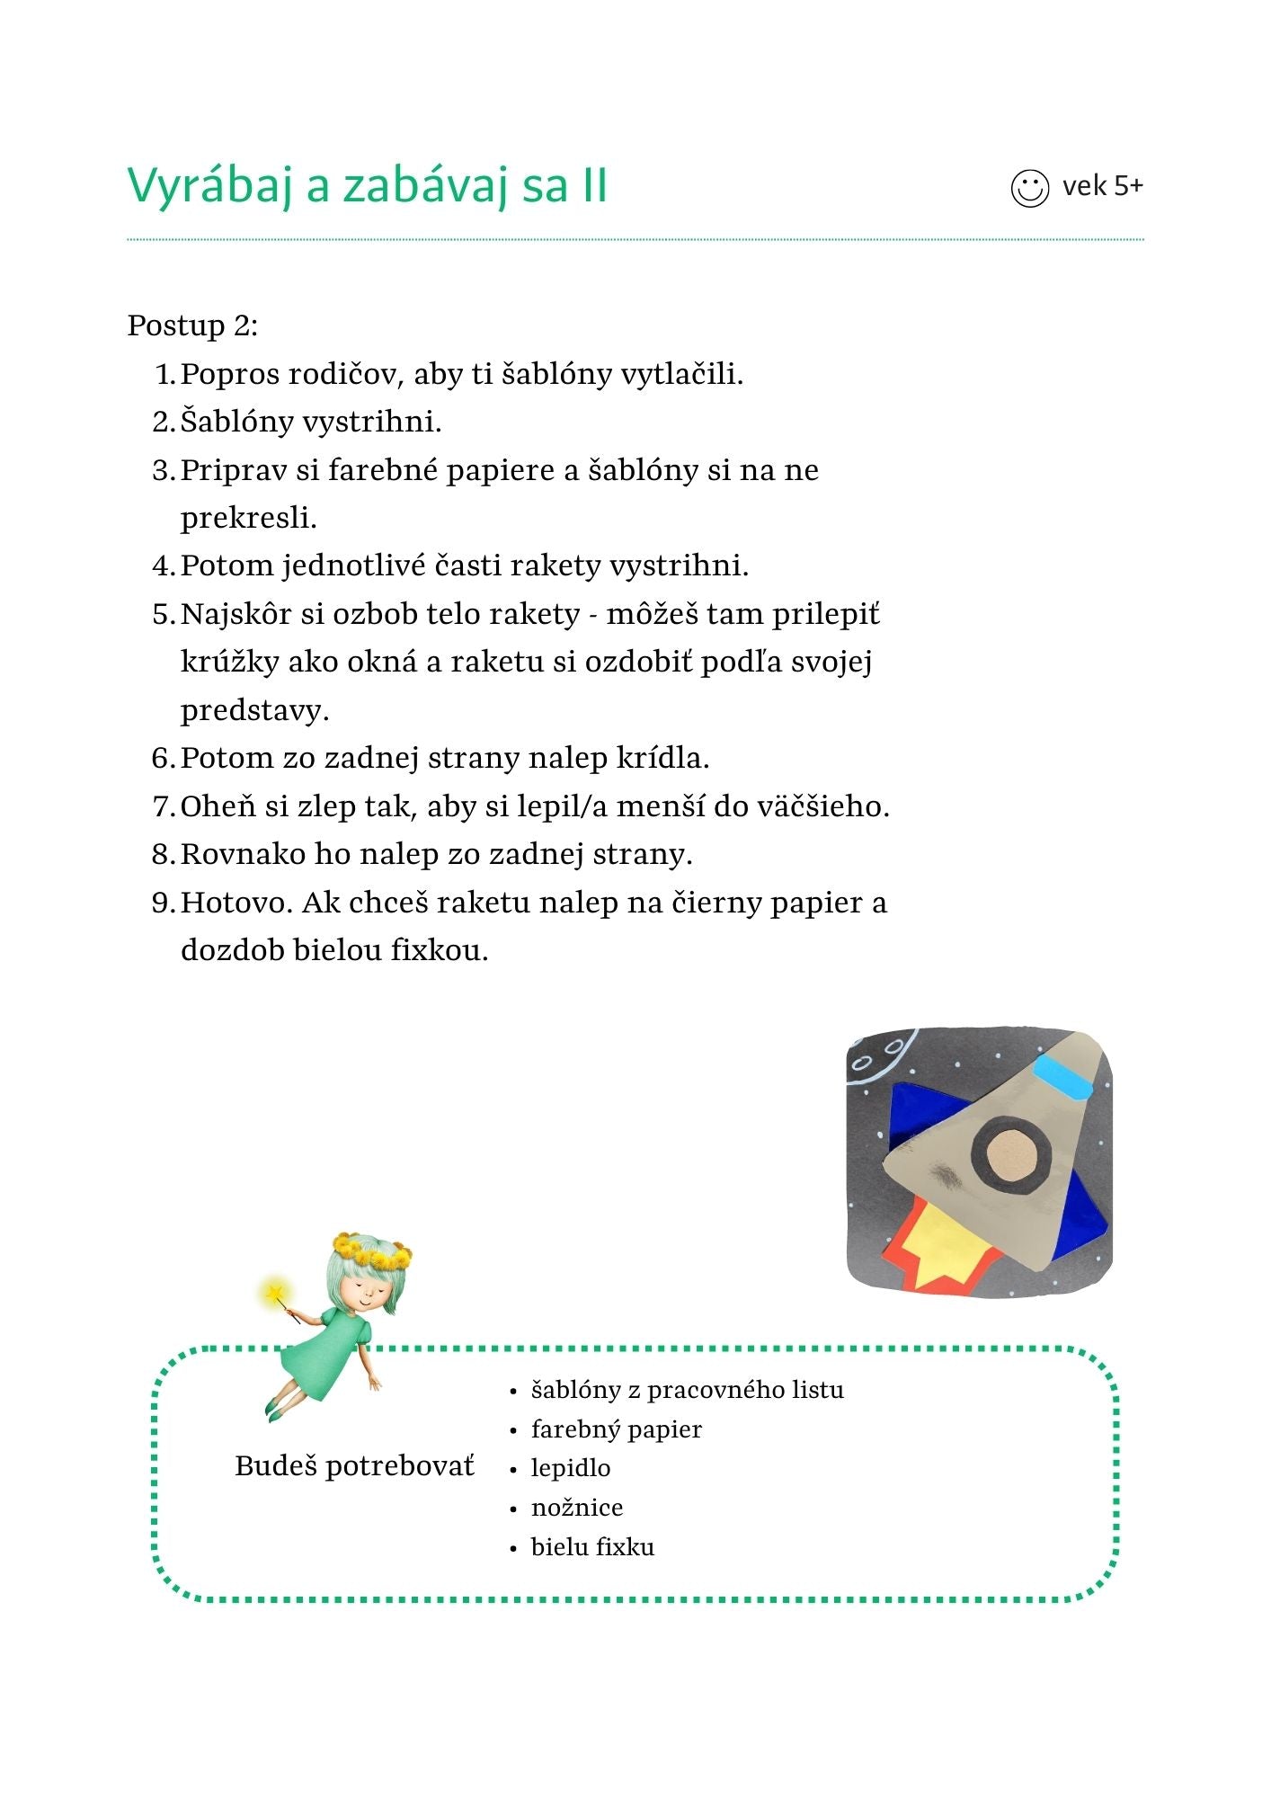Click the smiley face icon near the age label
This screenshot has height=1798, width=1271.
pyautogui.click(x=1029, y=188)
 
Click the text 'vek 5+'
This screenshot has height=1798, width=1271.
pyautogui.click(x=1102, y=186)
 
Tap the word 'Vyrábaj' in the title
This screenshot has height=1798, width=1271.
pyautogui.click(x=210, y=186)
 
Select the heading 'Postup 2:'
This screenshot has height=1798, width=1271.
pyautogui.click(x=192, y=325)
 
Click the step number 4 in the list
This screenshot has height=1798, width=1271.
pyautogui.click(x=162, y=566)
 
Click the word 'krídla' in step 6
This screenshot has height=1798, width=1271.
pyautogui.click(x=662, y=758)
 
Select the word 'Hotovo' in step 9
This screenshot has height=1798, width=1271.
pyautogui.click(x=236, y=903)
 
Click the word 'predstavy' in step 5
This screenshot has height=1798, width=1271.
pyautogui.click(x=253, y=710)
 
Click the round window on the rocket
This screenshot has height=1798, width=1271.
pyautogui.click(x=1012, y=1155)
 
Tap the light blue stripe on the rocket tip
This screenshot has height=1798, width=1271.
pyautogui.click(x=1063, y=1076)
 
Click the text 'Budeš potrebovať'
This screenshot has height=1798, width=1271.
pyautogui.click(x=354, y=1466)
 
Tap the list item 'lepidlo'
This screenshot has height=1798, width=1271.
pyautogui.click(x=570, y=1468)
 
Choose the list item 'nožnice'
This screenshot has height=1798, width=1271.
pyautogui.click(x=576, y=1508)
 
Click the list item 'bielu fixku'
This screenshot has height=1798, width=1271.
pyautogui.click(x=592, y=1547)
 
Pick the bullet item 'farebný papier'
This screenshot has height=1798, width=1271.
pyautogui.click(x=616, y=1429)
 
